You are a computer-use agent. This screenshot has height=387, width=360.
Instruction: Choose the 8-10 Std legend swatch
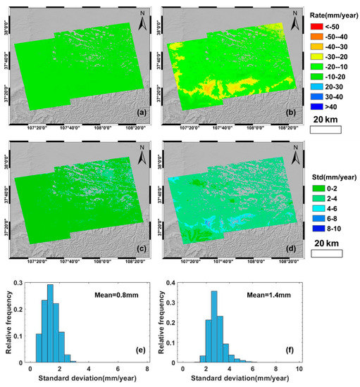point(309,228)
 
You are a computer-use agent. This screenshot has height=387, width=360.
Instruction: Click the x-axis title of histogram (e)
point(88,379)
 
